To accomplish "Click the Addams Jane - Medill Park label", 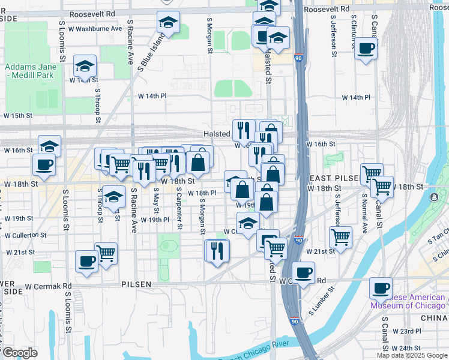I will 29,71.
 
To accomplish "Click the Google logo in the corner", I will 19,353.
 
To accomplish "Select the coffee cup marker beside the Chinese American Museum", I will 381,288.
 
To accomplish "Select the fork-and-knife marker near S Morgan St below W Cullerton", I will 217,250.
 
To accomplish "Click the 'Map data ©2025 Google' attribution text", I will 411,355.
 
